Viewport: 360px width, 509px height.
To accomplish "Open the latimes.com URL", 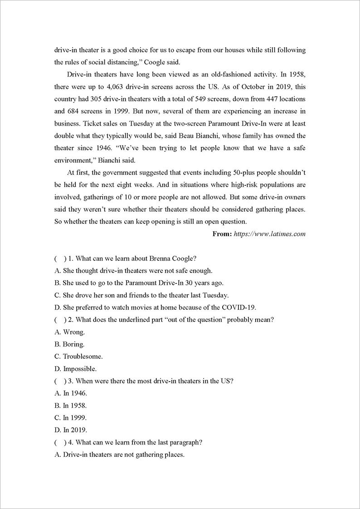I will pyautogui.click(x=270, y=234).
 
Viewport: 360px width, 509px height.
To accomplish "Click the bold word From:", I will pyautogui.click(x=222, y=234).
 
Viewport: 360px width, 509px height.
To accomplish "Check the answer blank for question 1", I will pyautogui.click(x=59, y=259).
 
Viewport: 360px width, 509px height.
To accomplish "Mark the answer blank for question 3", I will pyautogui.click(x=59, y=381).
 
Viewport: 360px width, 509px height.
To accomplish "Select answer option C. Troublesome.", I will pyautogui.click(x=77, y=357).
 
